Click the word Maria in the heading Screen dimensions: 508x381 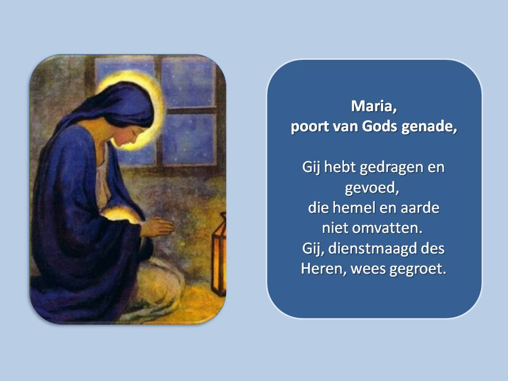[374, 106]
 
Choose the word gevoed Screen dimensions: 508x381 [371, 188]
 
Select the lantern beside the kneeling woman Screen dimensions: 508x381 [219, 255]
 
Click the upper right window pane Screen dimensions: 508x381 [188, 82]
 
